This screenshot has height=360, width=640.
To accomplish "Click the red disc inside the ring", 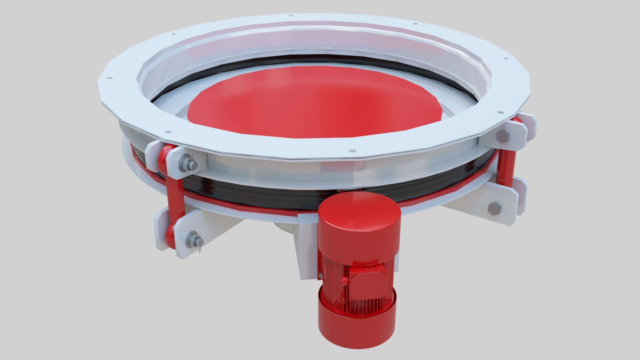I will (313, 100).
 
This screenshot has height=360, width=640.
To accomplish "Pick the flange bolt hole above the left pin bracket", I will (168, 131).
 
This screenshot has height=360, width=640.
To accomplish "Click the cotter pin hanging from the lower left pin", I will (200, 247).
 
